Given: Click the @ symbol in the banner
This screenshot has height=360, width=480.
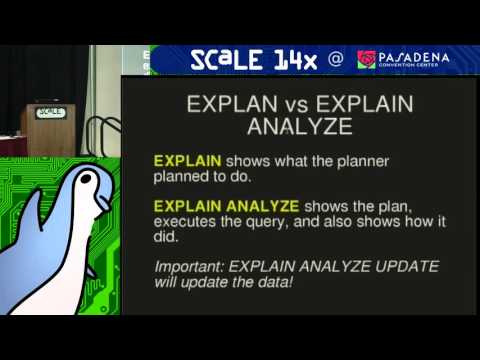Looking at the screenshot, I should [x=337, y=59].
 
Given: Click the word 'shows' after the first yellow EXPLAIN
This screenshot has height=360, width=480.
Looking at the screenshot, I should [x=245, y=160].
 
